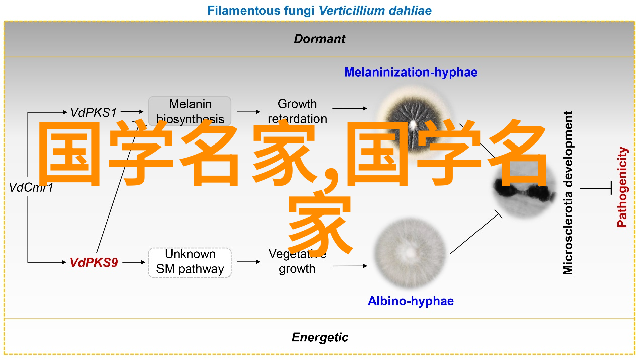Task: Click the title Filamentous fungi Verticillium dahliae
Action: point(319,10)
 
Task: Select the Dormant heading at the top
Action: point(319,39)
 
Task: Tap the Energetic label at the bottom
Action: point(319,337)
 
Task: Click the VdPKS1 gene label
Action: point(94,112)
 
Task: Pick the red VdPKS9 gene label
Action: point(94,262)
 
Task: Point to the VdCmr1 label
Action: point(31,188)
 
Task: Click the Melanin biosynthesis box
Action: point(190,111)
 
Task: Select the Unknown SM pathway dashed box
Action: point(190,262)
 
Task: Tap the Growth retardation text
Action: point(297,111)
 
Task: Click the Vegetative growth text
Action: point(297,262)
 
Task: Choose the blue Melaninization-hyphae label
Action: point(411,72)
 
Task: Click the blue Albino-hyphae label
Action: point(411,301)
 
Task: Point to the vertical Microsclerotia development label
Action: point(568,193)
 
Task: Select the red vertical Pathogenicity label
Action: point(623,187)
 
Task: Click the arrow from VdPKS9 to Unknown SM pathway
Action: point(133,262)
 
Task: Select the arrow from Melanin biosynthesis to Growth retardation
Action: point(249,112)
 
